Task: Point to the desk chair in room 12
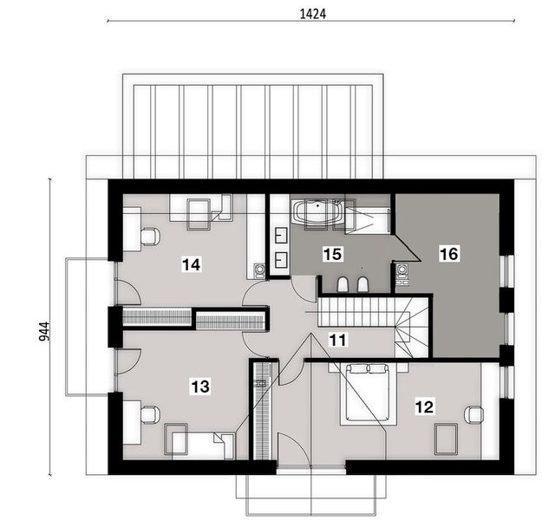(x=473, y=415)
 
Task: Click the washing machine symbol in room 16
(x=402, y=274)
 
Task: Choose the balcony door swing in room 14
(x=127, y=293)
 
